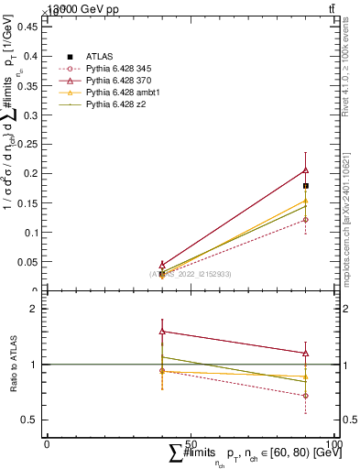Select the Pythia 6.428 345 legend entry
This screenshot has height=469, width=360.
117,69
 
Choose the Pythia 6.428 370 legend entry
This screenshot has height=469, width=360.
117,82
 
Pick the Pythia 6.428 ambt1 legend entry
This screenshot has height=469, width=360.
120,93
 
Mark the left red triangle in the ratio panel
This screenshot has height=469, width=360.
162,332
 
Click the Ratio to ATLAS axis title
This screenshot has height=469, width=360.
14,364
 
